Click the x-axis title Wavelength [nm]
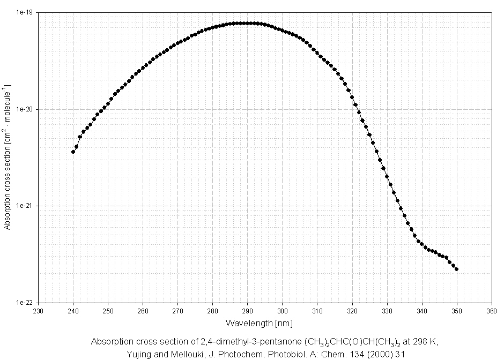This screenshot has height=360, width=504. [259, 323]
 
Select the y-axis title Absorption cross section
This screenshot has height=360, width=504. [7, 156]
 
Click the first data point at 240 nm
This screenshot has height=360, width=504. [73, 152]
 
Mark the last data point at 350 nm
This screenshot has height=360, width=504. [457, 269]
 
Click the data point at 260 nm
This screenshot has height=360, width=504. [143, 68]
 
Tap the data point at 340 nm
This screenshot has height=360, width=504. [422, 246]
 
